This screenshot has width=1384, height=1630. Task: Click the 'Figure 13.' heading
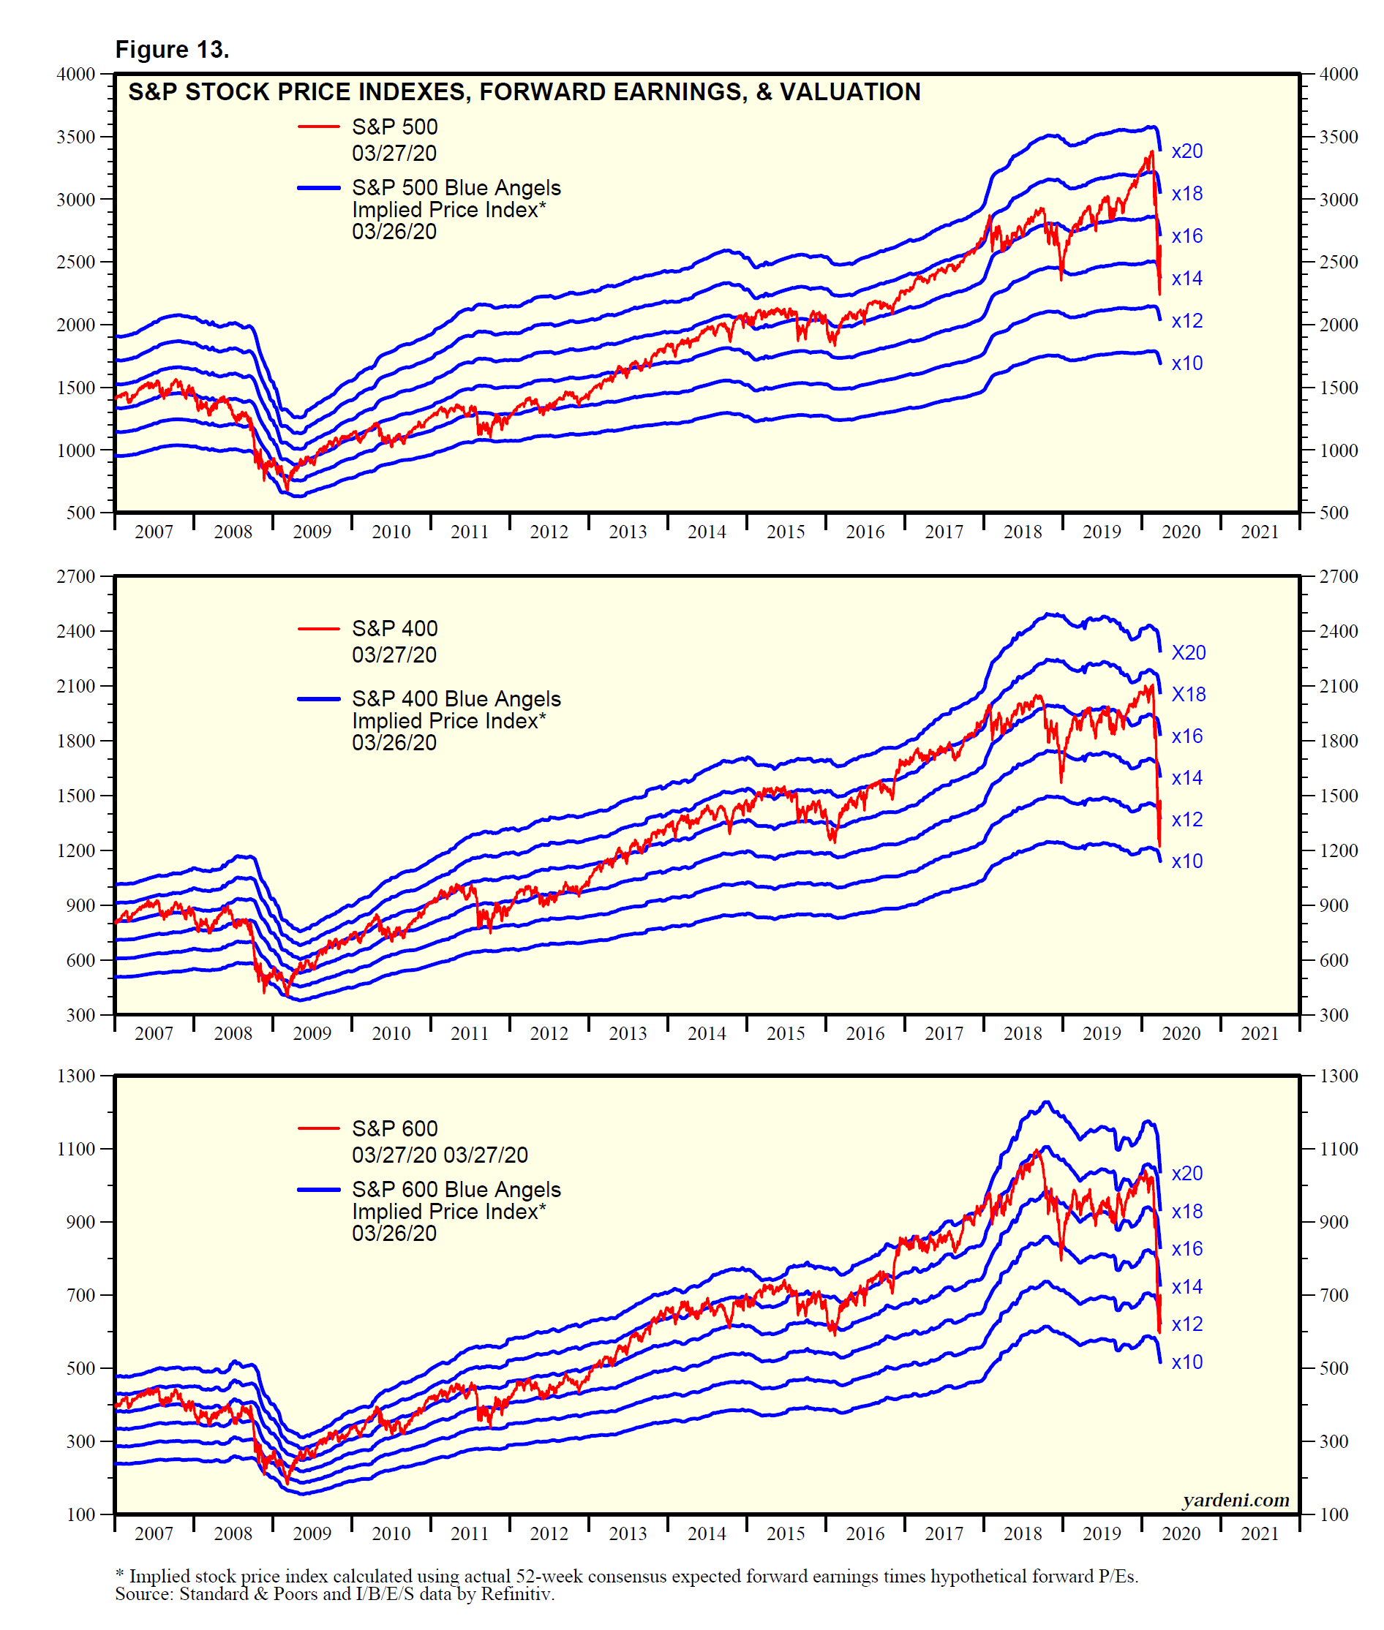172,50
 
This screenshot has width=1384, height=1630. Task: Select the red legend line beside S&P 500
318,127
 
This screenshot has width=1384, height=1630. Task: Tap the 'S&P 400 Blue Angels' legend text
456,698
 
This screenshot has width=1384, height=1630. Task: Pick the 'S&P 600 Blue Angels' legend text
456,1189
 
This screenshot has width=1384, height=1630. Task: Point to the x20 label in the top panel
1186,151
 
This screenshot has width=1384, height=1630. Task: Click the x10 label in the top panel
1186,363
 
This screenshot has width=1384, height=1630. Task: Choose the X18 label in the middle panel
1188,694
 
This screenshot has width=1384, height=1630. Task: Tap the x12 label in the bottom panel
1186,1324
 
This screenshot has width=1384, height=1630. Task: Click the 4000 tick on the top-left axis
76,75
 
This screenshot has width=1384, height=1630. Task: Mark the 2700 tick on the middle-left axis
76,576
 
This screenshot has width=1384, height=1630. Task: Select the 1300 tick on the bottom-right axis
1339,1076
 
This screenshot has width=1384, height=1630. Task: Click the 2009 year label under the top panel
312,532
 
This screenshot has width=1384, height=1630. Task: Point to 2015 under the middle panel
786,1033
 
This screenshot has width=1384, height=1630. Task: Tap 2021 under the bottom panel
1259,1533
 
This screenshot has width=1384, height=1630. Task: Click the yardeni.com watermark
1236,1500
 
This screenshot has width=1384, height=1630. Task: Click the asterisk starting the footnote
119,1575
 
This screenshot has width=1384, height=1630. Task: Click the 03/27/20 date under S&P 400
394,655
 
